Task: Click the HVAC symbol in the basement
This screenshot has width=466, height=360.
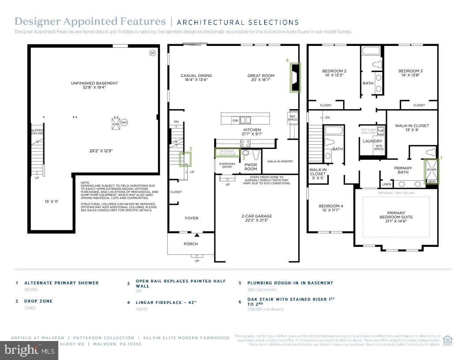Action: (x=116, y=123)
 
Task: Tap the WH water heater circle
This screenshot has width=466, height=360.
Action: (x=124, y=123)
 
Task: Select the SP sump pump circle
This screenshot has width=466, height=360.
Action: (x=152, y=53)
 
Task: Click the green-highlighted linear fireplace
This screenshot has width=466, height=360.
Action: (x=295, y=78)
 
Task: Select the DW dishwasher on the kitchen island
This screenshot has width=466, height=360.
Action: (x=235, y=120)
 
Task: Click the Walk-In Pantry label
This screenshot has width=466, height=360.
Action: (x=280, y=162)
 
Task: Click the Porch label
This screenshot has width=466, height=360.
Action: (x=191, y=244)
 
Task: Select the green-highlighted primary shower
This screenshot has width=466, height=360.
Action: (x=431, y=171)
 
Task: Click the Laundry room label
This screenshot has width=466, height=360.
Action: (x=372, y=141)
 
